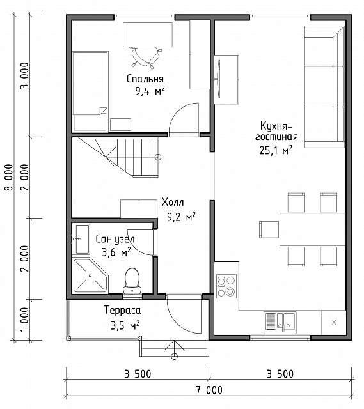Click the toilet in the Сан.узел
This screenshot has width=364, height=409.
click(x=132, y=281)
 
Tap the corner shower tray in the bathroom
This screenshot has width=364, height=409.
click(x=90, y=275)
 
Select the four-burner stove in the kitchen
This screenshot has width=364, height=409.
click(x=226, y=286)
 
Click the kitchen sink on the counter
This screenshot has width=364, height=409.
click(x=280, y=323)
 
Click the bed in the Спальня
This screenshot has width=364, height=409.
click(x=90, y=91)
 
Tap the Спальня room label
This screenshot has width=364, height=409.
click(x=145, y=79)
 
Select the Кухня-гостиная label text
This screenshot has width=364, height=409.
click(x=276, y=132)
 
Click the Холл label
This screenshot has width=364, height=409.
click(x=173, y=202)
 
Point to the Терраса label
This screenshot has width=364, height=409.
click(x=122, y=310)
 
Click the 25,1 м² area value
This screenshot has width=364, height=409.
click(x=276, y=150)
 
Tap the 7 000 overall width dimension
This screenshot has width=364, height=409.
click(x=209, y=390)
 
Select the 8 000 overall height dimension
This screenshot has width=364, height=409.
click(x=9, y=178)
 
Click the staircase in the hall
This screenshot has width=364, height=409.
click(x=119, y=157)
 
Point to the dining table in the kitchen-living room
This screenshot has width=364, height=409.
click(x=312, y=229)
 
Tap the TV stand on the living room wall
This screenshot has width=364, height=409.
click(x=226, y=79)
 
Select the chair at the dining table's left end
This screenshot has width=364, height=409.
click(x=269, y=229)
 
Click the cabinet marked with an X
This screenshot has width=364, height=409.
click(x=334, y=323)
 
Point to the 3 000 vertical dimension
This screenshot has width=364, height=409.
click(x=25, y=75)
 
